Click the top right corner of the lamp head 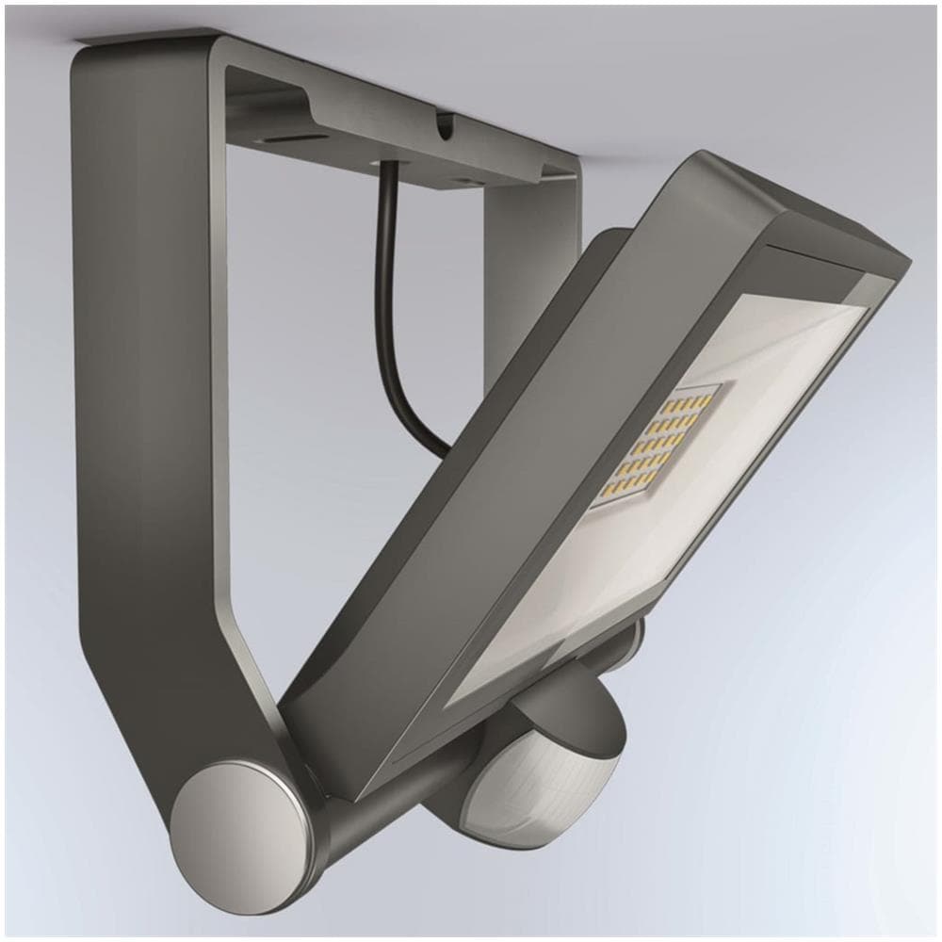[x=900, y=259]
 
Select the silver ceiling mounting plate [x=396, y=132]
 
